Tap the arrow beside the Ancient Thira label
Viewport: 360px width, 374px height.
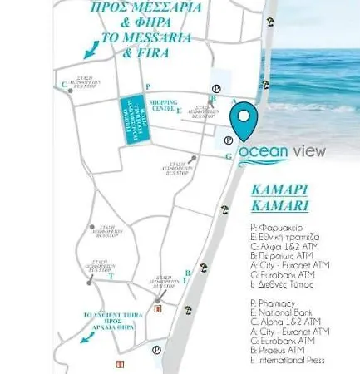click(x=85, y=337)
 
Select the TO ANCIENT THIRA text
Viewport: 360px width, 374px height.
click(x=105, y=316)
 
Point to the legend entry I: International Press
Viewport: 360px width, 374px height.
click(x=292, y=361)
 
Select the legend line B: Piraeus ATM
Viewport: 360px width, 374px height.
click(x=284, y=350)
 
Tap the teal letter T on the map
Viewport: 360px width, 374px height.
click(x=111, y=276)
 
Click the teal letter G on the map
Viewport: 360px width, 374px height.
click(x=228, y=156)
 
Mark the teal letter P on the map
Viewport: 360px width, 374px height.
click(x=147, y=86)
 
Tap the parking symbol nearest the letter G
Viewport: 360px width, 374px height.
click(x=229, y=140)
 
